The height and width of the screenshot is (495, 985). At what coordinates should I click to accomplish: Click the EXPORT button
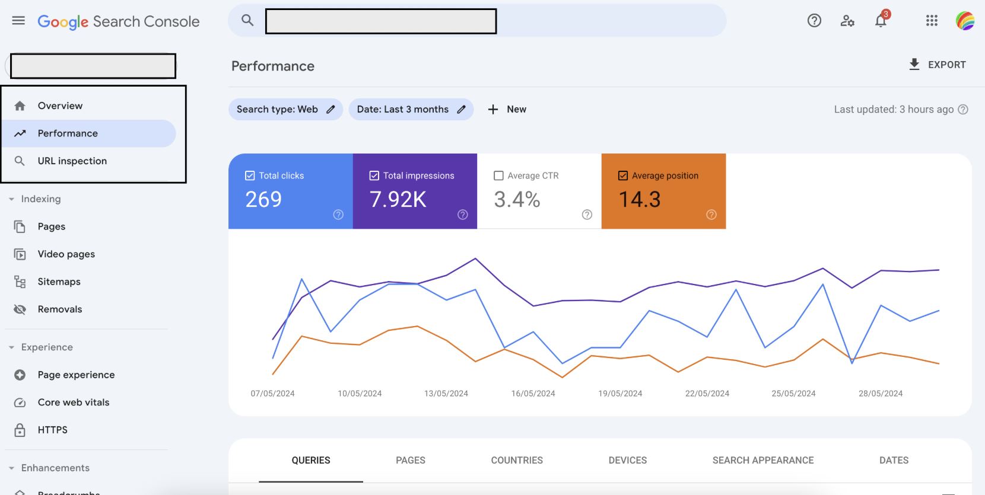click(x=938, y=65)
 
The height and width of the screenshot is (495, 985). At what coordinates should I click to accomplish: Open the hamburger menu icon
click(x=18, y=21)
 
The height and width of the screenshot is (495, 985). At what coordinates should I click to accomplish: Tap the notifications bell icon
click(x=881, y=21)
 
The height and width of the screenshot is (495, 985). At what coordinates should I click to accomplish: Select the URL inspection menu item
click(x=72, y=161)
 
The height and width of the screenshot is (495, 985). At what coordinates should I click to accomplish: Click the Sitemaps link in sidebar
click(x=59, y=282)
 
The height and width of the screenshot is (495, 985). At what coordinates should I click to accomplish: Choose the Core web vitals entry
click(x=73, y=403)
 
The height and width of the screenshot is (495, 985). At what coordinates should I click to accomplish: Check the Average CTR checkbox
click(x=498, y=175)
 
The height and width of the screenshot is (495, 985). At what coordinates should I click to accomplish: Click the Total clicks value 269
click(x=263, y=200)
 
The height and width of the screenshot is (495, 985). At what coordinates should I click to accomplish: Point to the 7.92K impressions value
click(x=398, y=200)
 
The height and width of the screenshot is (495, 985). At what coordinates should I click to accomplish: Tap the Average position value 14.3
click(x=640, y=200)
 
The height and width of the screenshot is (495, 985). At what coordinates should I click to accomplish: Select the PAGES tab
click(x=410, y=460)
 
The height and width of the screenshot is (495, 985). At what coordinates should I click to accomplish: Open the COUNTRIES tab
click(x=516, y=460)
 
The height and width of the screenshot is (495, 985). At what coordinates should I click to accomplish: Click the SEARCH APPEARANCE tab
click(x=762, y=460)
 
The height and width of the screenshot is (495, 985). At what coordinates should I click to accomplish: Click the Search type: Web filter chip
click(x=285, y=110)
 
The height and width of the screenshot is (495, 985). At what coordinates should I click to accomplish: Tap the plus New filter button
click(x=507, y=110)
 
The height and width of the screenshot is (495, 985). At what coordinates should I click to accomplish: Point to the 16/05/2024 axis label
click(x=533, y=394)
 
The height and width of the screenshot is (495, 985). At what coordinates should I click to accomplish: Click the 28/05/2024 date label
click(x=880, y=394)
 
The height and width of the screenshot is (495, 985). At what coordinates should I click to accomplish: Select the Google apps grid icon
click(x=932, y=21)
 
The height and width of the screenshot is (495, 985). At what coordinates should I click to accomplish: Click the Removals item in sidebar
click(x=59, y=309)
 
